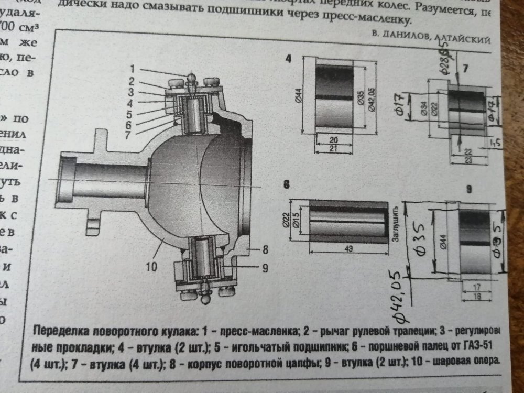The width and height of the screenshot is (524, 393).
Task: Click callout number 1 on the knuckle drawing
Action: pyautogui.click(x=133, y=69)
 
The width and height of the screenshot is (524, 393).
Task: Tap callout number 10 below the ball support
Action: pyautogui.click(x=151, y=266)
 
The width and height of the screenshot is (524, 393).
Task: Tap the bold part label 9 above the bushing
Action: pyautogui.click(x=469, y=189)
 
